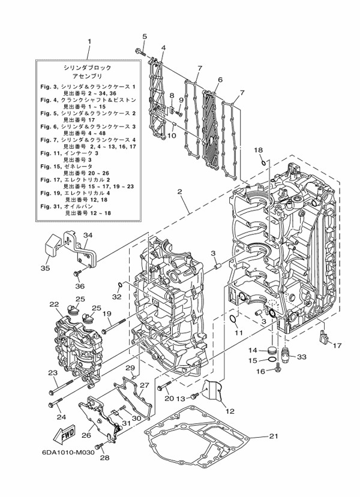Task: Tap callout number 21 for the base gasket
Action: [274, 436]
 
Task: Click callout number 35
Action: [46, 268]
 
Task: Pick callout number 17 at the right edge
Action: [337, 345]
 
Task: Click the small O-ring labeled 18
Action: [263, 161]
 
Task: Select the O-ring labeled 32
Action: [121, 284]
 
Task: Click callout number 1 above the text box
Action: [89, 42]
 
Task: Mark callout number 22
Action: [54, 305]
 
